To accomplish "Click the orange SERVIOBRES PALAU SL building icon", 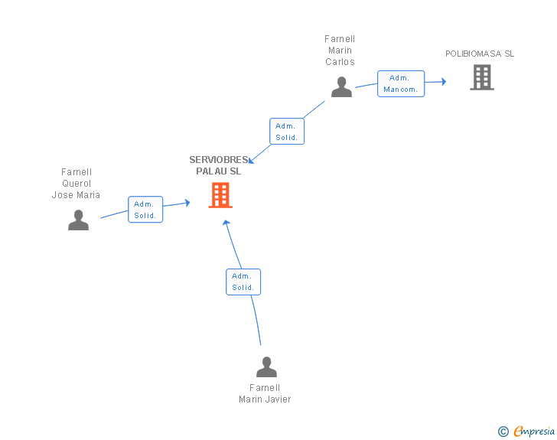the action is pyautogui.click(x=220, y=195).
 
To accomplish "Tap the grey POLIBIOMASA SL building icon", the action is pyautogui.click(x=482, y=77).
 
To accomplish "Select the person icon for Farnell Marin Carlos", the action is pyautogui.click(x=341, y=86).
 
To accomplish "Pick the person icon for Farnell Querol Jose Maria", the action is pyautogui.click(x=78, y=220).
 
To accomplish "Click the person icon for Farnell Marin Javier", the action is pyautogui.click(x=266, y=367).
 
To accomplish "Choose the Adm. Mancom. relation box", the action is pyautogui.click(x=401, y=83).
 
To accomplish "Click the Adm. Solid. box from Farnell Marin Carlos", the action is pyautogui.click(x=287, y=131).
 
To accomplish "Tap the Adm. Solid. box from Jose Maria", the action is pyautogui.click(x=145, y=210).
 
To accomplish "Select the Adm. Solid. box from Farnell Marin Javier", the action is pyautogui.click(x=243, y=282).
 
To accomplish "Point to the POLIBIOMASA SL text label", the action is pyautogui.click(x=480, y=54).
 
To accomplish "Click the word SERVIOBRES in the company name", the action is pyautogui.click(x=219, y=160).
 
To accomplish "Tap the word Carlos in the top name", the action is pyautogui.click(x=340, y=62).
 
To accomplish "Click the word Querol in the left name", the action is pyautogui.click(x=77, y=184).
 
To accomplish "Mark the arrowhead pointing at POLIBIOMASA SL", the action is pyautogui.click(x=444, y=81).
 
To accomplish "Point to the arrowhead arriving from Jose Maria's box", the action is pyautogui.click(x=187, y=203).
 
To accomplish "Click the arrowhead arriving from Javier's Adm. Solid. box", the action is pyautogui.click(x=226, y=223).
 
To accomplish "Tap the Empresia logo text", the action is pyautogui.click(x=534, y=431).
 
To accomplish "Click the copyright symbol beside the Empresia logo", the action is pyautogui.click(x=503, y=432).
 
